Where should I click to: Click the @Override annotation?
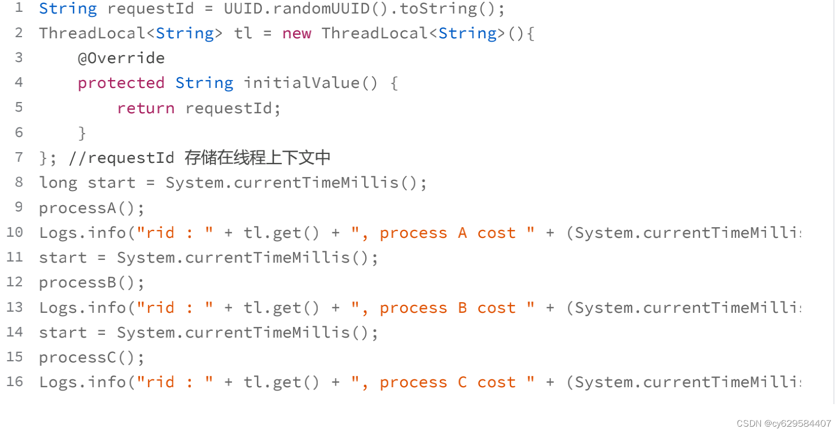(121, 58)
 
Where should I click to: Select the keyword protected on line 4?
(121, 83)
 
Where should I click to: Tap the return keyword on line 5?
(146, 108)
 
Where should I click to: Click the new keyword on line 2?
(296, 33)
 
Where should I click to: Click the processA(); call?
(91, 208)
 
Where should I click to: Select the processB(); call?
(91, 282)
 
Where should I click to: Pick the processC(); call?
(91, 357)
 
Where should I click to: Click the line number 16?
(15, 382)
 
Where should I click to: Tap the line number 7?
(19, 157)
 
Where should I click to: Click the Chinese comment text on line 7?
(257, 157)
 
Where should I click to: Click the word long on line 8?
(58, 183)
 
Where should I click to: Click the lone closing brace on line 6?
(82, 133)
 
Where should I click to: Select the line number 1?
(19, 8)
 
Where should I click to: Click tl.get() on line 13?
(281, 308)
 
